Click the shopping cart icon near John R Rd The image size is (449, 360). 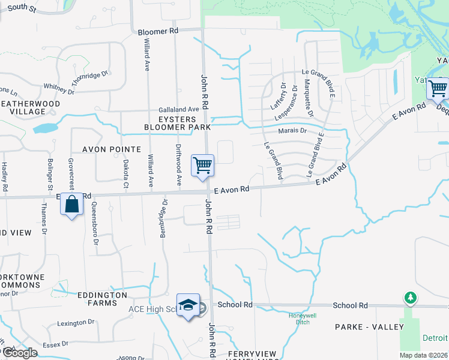[x=202, y=165]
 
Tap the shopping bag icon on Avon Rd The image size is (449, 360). [x=71, y=204]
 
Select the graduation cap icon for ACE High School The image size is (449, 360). [x=188, y=305]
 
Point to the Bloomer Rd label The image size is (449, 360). [x=158, y=31]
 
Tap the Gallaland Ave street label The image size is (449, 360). [x=178, y=110]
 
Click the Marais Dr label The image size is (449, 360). [x=292, y=131]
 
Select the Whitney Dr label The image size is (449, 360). [x=59, y=89]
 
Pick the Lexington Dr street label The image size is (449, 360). [x=76, y=323]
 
